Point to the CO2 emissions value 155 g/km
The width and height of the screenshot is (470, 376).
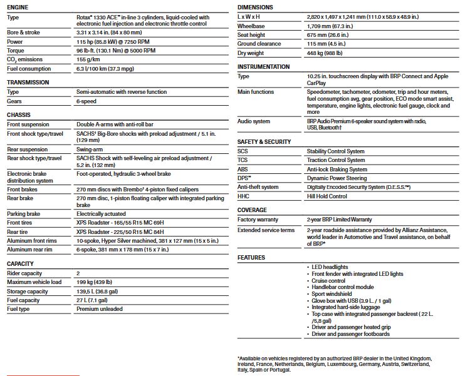pos(89,59)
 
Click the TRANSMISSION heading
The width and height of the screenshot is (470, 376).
pos(28,82)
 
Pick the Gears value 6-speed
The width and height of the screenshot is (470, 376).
pos(87,101)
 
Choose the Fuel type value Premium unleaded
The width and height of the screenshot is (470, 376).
pos(99,309)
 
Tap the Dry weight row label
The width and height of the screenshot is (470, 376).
pos(251,53)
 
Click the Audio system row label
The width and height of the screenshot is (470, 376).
pos(254,121)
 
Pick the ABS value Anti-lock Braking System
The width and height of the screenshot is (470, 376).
pos(337,170)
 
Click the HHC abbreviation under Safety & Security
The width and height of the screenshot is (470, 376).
pos(243,196)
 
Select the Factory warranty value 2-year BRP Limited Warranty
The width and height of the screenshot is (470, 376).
pos(339,220)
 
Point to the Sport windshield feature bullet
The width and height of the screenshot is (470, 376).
pos(332,293)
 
